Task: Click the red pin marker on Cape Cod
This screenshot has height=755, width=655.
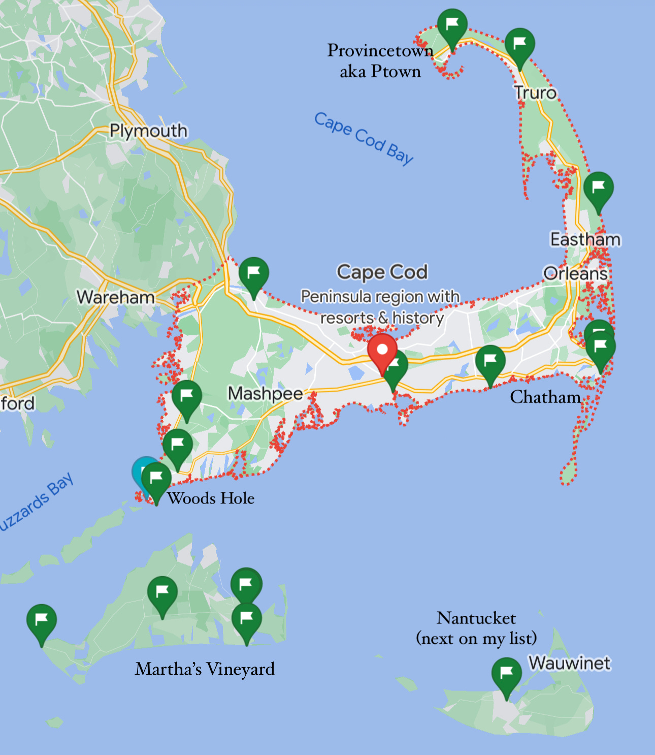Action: [382, 351]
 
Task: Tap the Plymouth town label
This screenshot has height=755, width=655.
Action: [148, 131]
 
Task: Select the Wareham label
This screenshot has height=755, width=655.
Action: [116, 297]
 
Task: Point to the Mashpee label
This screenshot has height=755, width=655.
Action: [265, 393]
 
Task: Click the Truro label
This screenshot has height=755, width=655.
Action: [535, 93]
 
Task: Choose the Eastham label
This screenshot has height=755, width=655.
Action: [585, 239]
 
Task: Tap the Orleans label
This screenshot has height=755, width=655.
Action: [575, 273]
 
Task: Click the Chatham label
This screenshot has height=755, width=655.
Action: [545, 397]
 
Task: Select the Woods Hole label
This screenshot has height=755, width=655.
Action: [211, 498]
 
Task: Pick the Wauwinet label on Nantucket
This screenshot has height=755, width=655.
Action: [569, 663]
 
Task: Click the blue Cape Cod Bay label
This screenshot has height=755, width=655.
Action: [364, 138]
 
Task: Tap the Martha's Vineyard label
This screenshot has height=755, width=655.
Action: [205, 669]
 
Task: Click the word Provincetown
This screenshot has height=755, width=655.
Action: [380, 50]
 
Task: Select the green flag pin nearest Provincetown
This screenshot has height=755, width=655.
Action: [452, 25]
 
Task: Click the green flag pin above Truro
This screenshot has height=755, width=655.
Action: [519, 44]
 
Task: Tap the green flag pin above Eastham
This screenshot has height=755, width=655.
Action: [598, 188]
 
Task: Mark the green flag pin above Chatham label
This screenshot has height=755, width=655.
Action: [490, 361]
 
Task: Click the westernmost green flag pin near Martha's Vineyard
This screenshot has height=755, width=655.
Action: [42, 620]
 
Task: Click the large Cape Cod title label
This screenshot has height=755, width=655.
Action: [382, 272]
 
